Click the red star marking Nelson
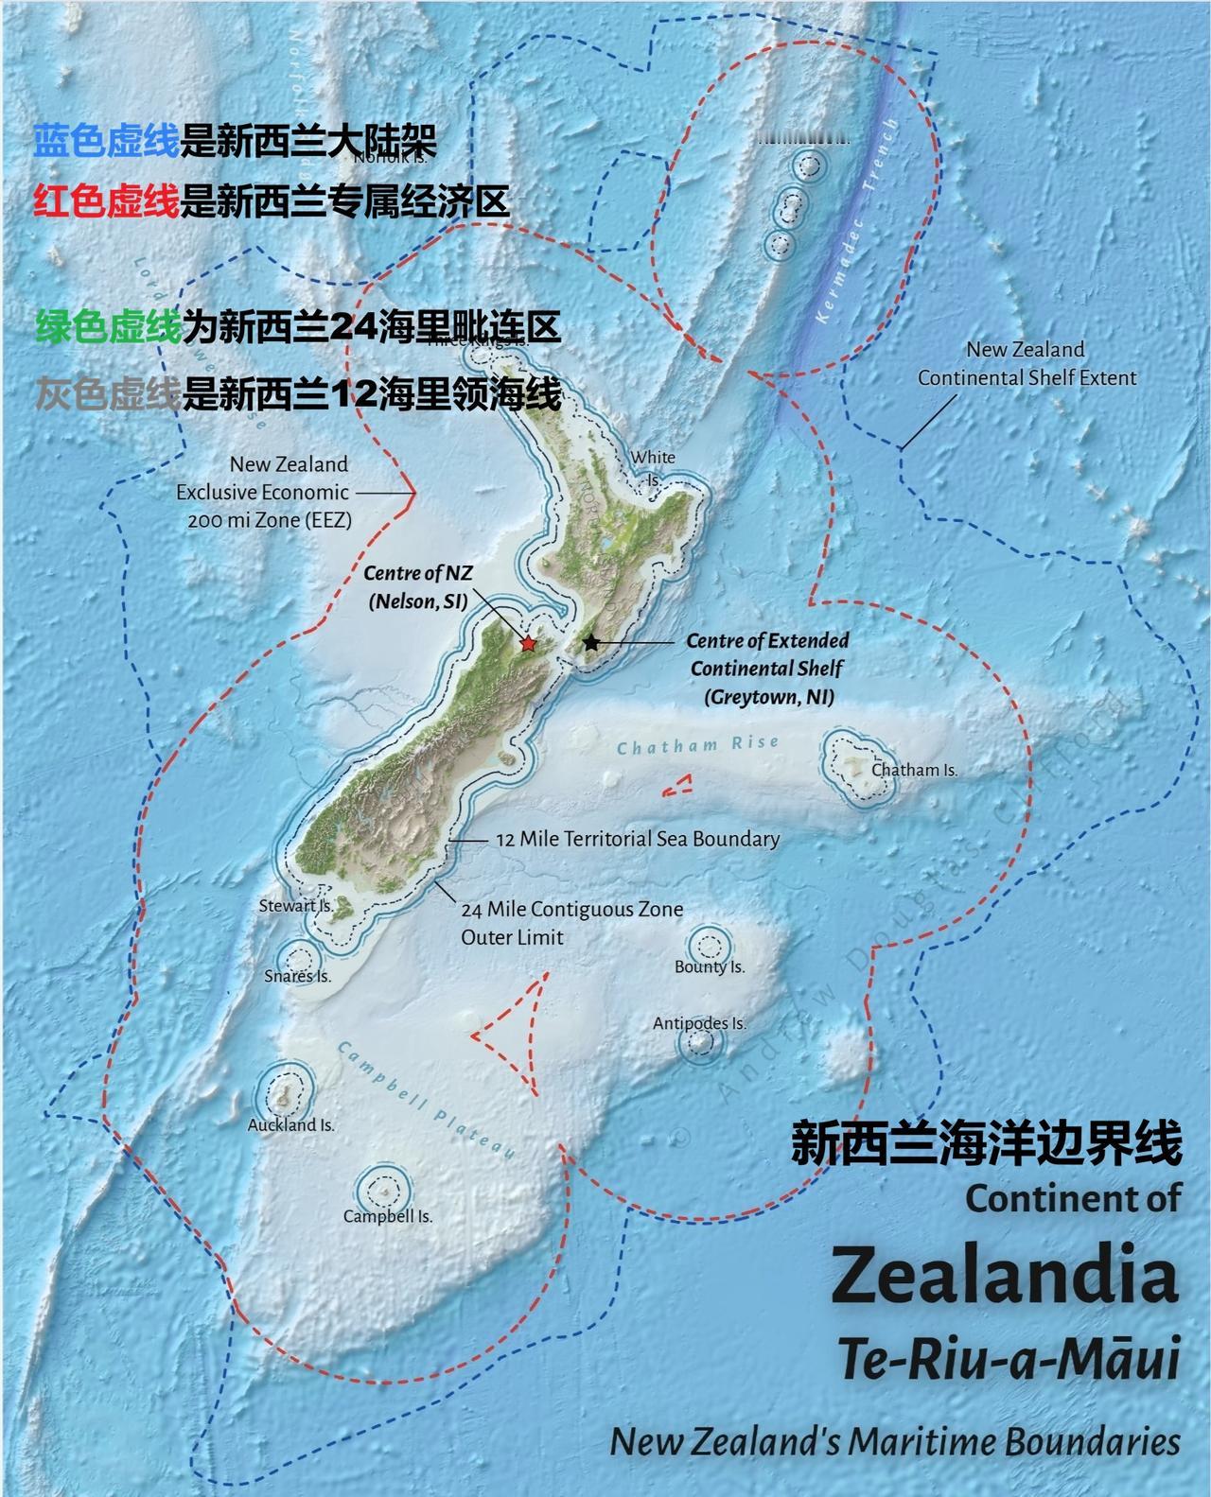(528, 643)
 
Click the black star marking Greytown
(591, 642)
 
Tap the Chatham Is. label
(914, 770)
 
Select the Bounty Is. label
(710, 966)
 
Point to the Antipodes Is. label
(699, 1023)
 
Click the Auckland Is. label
(291, 1125)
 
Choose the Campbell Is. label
(388, 1216)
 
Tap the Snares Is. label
(298, 976)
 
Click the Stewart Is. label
(296, 905)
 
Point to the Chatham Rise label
(698, 745)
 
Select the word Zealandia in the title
(1006, 1277)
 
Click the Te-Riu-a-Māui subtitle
(1009, 1362)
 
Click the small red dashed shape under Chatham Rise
(676, 784)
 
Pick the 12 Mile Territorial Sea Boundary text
(638, 839)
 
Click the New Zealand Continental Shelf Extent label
(1027, 363)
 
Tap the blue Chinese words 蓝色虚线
(106, 142)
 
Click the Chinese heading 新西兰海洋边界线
(986, 1143)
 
